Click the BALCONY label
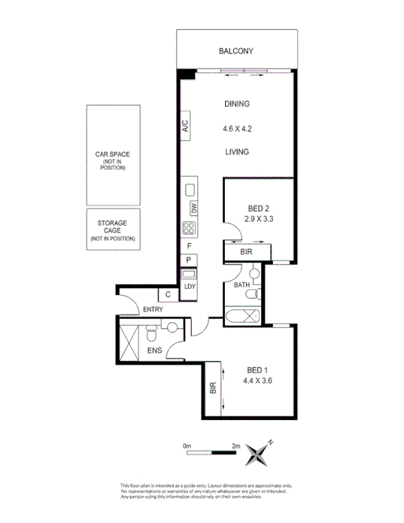[x=235, y=51]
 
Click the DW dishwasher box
[x=193, y=208]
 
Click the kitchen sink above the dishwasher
[x=190, y=190]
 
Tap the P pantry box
[x=189, y=260]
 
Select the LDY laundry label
[x=190, y=286]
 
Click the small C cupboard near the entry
[x=169, y=295]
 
